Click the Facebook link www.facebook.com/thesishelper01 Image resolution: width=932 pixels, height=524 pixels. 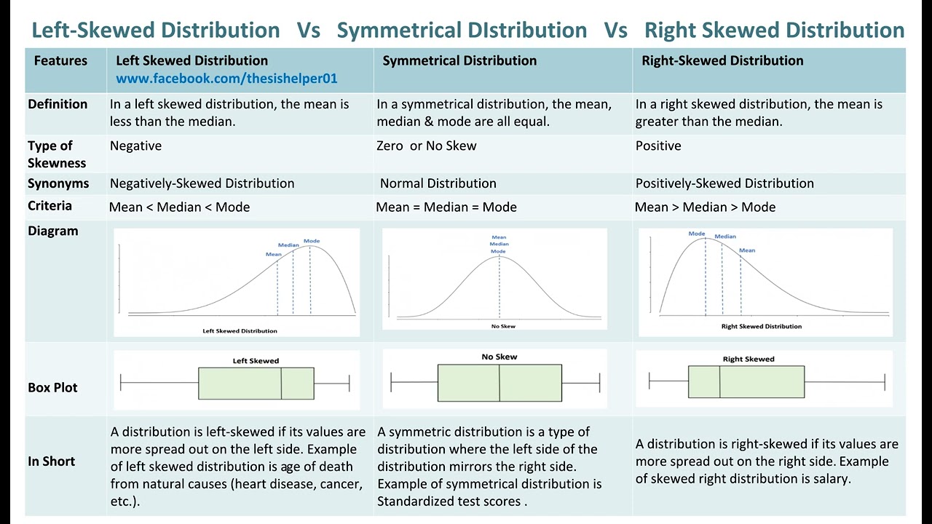pos(226,78)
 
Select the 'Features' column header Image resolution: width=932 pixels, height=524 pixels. pos(60,61)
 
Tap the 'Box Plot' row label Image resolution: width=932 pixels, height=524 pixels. pos(52,388)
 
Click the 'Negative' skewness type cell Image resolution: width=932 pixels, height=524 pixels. pos(135,146)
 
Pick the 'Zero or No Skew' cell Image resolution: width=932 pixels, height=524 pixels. pos(427,146)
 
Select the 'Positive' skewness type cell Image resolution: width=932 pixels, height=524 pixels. pos(658,146)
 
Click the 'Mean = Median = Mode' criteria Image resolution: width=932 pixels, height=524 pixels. pos(446,207)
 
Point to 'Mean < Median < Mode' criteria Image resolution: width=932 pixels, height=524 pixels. pos(179,207)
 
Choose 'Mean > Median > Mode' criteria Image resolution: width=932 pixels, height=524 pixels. pos(705,207)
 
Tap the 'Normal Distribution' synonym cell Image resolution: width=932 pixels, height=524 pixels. pos(438,184)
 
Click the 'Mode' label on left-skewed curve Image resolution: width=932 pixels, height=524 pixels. pos(312,241)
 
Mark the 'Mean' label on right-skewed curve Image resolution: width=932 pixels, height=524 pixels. pos(747,250)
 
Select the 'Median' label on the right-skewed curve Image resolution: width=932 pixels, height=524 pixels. pos(725,237)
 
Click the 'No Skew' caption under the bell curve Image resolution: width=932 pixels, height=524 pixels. pos(503,326)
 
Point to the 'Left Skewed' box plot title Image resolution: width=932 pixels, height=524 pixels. pos(256,361)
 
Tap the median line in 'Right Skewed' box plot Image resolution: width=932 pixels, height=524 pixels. pos(719,382)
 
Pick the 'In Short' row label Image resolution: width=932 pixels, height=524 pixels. pos(51,461)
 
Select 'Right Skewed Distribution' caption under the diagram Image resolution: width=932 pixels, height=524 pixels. pos(762,326)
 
